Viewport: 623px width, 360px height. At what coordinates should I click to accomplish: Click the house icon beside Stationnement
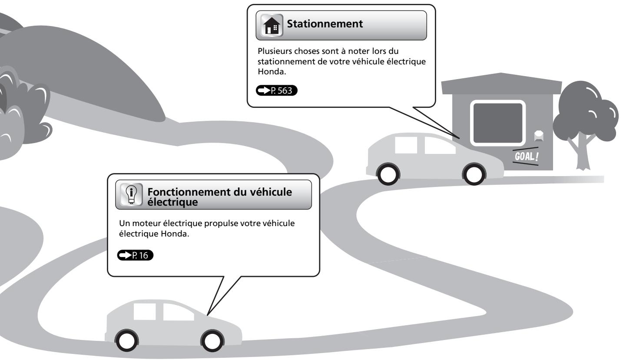tap(272, 25)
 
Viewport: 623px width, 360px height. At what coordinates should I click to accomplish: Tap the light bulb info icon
tap(131, 194)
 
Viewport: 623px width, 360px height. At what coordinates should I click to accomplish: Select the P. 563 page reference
tap(276, 90)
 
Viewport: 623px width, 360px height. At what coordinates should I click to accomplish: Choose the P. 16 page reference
tap(135, 255)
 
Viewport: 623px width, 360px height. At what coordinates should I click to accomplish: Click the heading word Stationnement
tap(325, 23)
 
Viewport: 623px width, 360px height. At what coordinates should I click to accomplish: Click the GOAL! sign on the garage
tap(526, 156)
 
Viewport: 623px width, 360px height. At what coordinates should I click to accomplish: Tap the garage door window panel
tap(497, 123)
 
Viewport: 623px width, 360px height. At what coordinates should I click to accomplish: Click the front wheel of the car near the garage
tap(474, 174)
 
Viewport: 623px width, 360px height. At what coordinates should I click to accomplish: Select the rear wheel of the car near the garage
tap(388, 174)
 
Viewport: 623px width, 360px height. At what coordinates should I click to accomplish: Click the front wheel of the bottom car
tap(212, 340)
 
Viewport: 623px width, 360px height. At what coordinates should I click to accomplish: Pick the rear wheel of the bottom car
tap(126, 340)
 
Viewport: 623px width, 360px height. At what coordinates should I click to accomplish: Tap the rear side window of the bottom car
tap(145, 312)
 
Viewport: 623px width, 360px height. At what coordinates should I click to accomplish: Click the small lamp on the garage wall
tap(539, 136)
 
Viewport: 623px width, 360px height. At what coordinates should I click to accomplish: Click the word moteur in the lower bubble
tap(146, 223)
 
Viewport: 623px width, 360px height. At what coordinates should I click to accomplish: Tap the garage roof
tap(501, 83)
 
